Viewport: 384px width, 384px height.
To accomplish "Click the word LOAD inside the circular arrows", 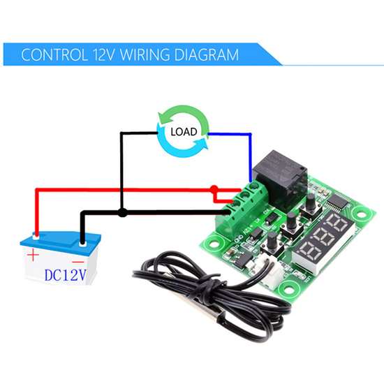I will click(183, 131).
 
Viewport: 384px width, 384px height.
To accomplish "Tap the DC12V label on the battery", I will click(65, 275).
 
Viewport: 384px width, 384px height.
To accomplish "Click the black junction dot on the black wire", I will click(122, 212).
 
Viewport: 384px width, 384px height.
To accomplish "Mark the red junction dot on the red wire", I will click(214, 188).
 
